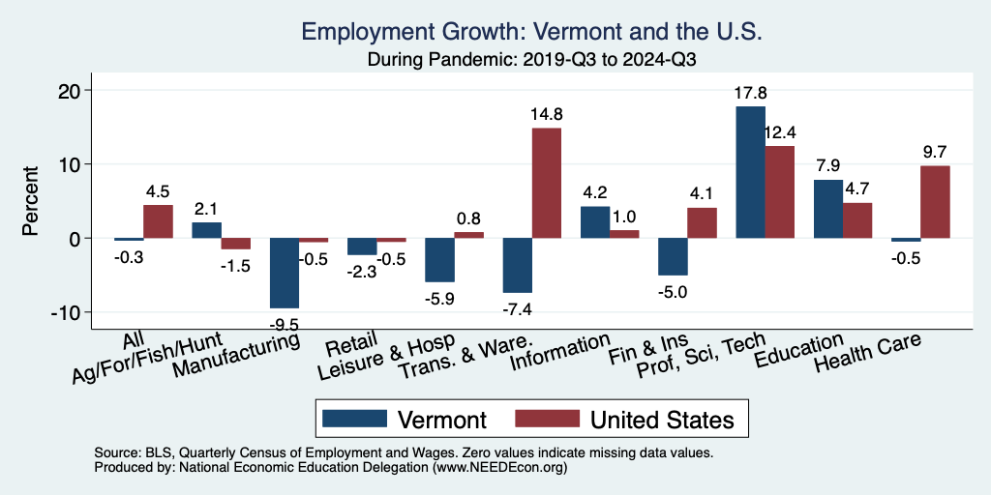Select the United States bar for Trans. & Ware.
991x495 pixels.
547,183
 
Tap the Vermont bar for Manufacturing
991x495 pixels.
284,273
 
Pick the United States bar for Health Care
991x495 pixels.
935,202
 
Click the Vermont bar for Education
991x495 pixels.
828,209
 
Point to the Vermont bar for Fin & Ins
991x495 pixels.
673,256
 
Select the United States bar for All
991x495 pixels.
158,221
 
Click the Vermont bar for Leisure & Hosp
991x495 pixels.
439,260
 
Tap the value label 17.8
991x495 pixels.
751,94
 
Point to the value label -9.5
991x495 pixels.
284,322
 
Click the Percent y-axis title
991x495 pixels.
31,201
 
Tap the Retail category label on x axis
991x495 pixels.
345,346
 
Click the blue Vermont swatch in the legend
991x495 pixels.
351,419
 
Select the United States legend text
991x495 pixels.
662,419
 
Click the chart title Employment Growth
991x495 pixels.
533,31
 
